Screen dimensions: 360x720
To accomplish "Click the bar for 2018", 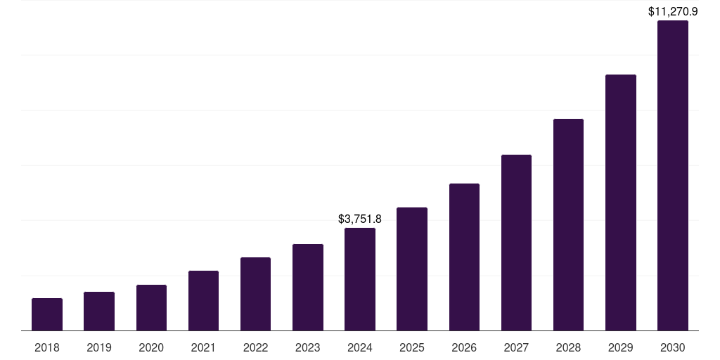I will (47, 314).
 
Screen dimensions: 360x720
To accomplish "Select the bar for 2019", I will (99, 311).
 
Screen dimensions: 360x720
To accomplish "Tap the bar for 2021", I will (203, 300).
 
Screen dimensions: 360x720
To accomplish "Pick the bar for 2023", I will (308, 287).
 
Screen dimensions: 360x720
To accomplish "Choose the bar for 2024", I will (360, 279).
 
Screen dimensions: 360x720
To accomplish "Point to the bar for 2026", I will (464, 257).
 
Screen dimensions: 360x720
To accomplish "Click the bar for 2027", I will (516, 243).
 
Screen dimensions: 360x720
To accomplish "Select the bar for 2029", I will (621, 202).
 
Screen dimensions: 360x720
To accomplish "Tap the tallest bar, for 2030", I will (673, 176).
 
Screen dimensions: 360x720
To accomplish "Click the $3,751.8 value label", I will (360, 219).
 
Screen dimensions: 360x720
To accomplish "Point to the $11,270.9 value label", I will (673, 11).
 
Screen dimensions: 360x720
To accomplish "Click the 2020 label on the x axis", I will (151, 347).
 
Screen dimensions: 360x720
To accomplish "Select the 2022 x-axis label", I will (255, 347).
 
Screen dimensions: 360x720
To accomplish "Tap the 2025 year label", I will (412, 347).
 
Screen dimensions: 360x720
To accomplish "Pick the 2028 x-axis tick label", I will (568, 347).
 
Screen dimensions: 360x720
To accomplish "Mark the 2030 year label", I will (673, 347).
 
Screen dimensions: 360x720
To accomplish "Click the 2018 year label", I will (47, 347).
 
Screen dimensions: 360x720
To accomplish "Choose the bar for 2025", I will (412, 269).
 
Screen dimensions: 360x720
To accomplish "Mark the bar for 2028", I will (568, 224).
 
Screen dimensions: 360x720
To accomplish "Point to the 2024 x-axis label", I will (360, 347).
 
